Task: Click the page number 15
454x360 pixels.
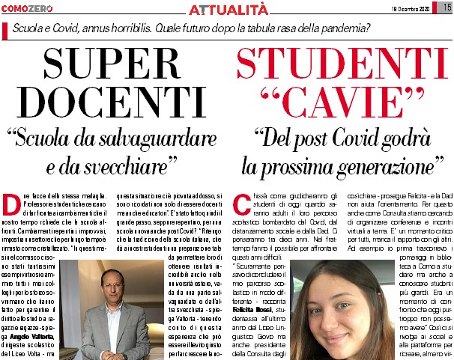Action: pos(444,7)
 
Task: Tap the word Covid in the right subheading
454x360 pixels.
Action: pos(351,138)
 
